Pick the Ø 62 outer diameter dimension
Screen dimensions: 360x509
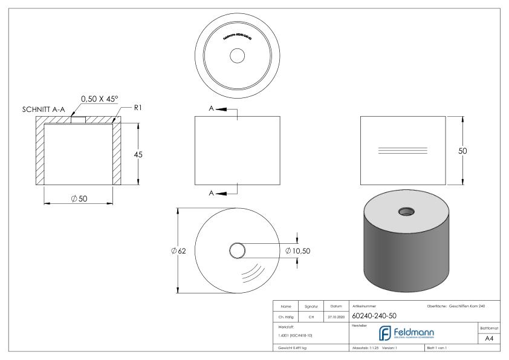tap(178, 250)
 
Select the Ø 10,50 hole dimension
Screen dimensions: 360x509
tap(298, 250)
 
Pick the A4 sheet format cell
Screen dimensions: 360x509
tap(490, 340)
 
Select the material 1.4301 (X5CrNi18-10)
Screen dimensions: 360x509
tap(295, 335)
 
